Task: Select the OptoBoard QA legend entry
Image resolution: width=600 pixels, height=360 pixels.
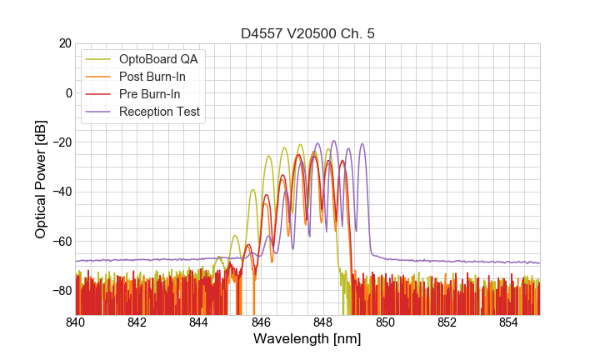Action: pyautogui.click(x=158, y=59)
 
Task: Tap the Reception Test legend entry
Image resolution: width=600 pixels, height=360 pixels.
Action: pyautogui.click(x=159, y=112)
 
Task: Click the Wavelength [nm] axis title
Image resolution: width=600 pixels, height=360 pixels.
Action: pyautogui.click(x=307, y=339)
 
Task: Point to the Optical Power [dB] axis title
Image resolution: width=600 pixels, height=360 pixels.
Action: pyautogui.click(x=41, y=179)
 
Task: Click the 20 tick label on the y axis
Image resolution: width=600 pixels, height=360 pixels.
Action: pyautogui.click(x=65, y=43)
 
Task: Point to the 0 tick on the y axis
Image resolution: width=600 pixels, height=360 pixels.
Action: pyautogui.click(x=68, y=92)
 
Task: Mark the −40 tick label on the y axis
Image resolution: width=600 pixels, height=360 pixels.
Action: pyautogui.click(x=62, y=192)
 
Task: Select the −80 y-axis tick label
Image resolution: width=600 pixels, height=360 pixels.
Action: pyautogui.click(x=62, y=291)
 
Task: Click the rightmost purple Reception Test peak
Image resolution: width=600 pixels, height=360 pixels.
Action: pyautogui.click(x=362, y=145)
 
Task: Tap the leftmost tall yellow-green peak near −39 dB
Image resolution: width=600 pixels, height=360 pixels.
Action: pyautogui.click(x=252, y=190)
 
